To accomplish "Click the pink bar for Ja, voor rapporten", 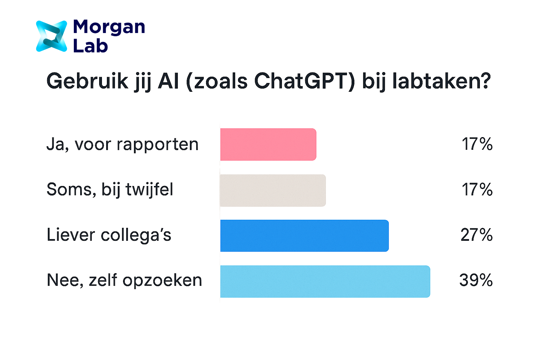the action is click(268, 144).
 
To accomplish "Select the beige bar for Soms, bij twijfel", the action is click(273, 191).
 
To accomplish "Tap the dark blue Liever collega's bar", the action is click(304, 236).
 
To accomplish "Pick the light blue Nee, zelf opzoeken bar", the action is click(325, 281).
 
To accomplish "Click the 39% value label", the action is click(476, 280).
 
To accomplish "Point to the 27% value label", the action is click(477, 235).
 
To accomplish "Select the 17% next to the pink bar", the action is click(477, 144).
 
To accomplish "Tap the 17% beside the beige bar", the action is click(477, 189).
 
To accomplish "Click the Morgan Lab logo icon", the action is click(52, 36).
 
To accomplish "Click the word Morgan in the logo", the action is click(109, 28).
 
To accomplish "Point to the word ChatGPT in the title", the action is click(304, 81).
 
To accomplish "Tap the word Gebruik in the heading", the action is click(87, 81).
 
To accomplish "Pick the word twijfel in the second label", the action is click(149, 190).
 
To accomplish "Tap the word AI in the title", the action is click(168, 81).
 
